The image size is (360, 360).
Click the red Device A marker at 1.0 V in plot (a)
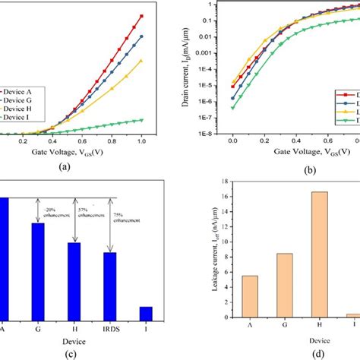click(x=141, y=16)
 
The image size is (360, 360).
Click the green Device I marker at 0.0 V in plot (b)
click(x=233, y=107)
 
